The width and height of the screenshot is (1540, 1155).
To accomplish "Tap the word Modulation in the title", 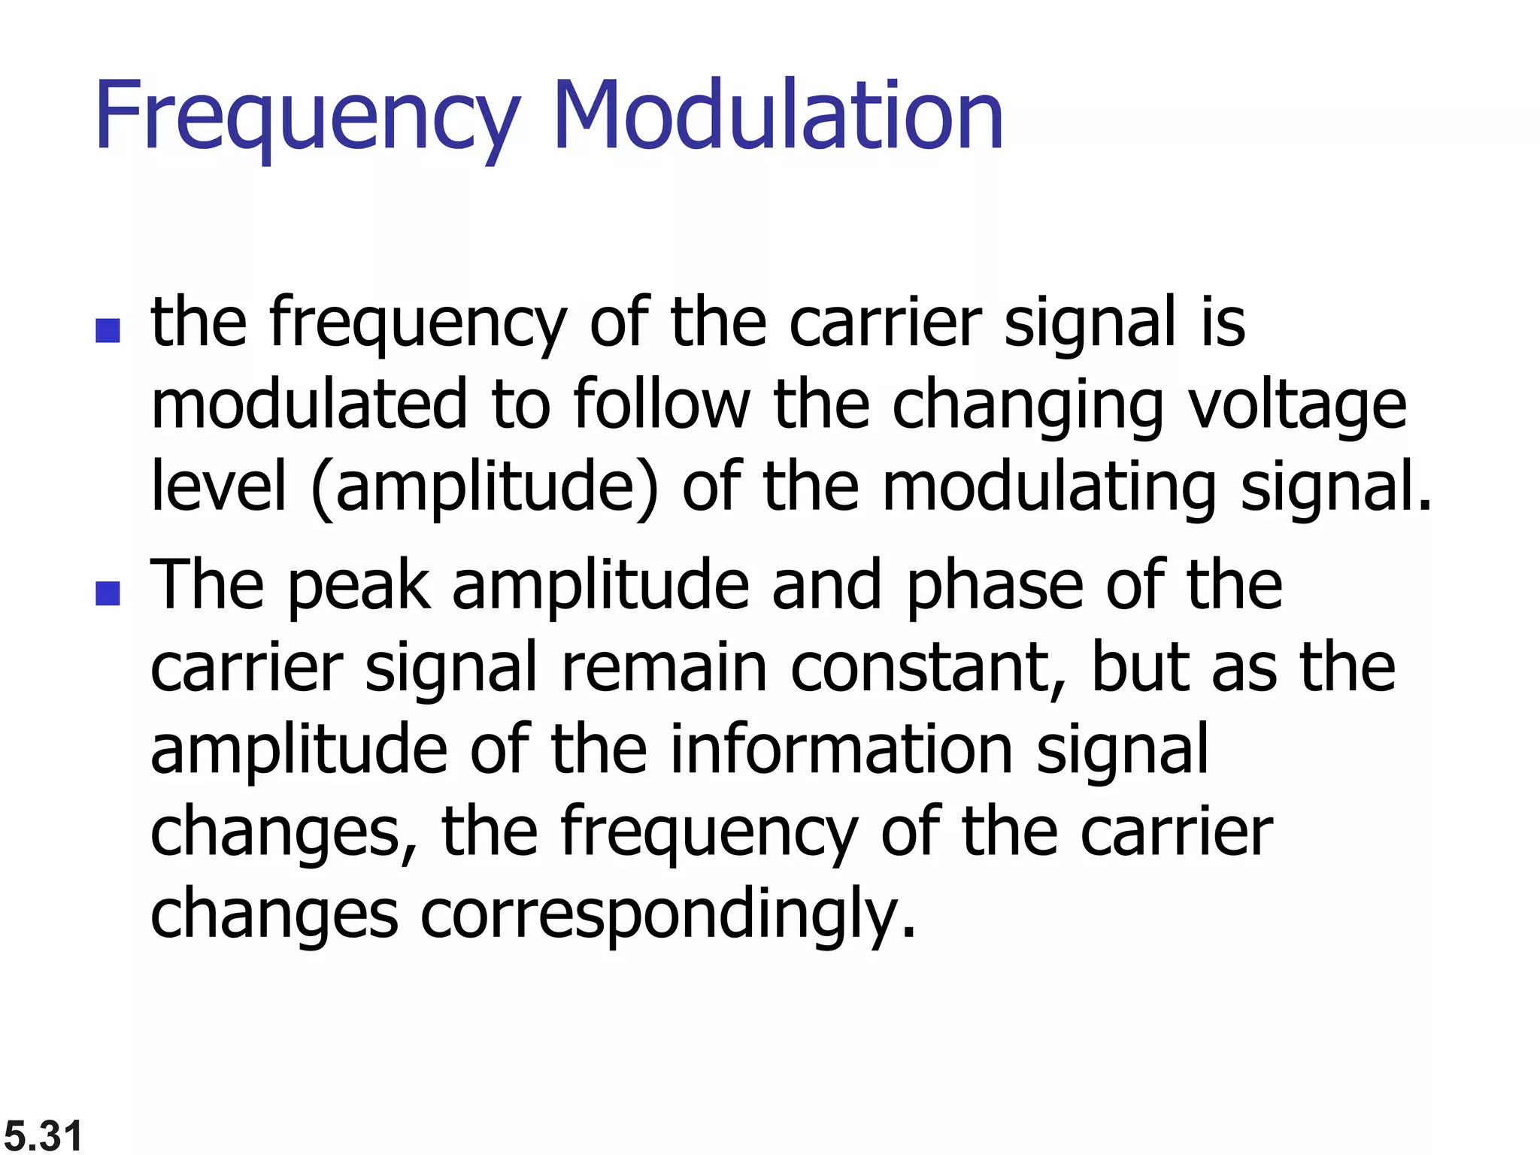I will click(x=778, y=116).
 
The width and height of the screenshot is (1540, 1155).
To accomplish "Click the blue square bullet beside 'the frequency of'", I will click(x=108, y=331).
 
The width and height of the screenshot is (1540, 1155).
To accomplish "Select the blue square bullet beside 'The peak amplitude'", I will click(x=108, y=593).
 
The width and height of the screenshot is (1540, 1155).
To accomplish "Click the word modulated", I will click(x=309, y=405).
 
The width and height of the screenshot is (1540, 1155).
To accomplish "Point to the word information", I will click(x=841, y=750).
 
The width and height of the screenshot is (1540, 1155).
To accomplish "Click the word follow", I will click(x=661, y=405).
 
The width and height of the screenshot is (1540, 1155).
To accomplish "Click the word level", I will click(x=219, y=487).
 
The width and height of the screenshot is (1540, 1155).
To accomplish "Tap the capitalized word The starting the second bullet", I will click(x=207, y=586).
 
